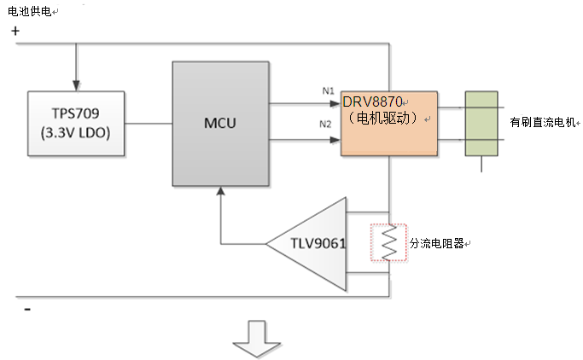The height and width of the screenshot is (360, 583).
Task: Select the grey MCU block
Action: [219, 124]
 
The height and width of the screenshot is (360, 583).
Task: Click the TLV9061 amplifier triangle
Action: [312, 244]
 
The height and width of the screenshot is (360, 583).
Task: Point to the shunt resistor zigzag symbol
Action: [388, 244]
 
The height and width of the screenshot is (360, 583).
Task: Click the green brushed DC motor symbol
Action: [481, 124]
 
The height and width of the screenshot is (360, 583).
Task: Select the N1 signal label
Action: [327, 91]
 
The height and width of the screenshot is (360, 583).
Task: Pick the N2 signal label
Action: [325, 125]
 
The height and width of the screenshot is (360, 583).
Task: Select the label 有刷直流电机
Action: [542, 123]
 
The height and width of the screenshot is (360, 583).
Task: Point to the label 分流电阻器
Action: [437, 244]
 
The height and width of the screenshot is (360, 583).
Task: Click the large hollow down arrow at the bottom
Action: [258, 336]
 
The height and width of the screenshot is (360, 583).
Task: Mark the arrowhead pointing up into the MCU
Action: [221, 193]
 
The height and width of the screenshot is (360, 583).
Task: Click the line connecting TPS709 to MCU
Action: [148, 123]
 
